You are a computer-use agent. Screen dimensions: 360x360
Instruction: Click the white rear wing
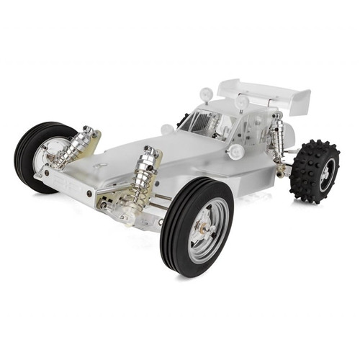coord(259,91)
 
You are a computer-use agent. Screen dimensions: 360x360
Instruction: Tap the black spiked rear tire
coord(314,171)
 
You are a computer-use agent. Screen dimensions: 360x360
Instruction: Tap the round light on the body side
coord(235,151)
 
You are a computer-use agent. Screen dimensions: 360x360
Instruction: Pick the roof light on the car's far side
coord(206,93)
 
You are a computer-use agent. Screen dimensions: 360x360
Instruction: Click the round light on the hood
coord(168,130)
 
